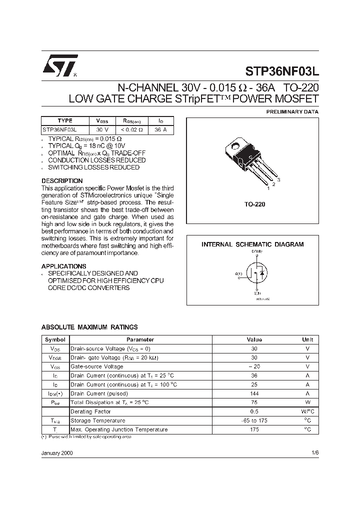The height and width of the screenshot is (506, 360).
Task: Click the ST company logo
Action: [59, 65]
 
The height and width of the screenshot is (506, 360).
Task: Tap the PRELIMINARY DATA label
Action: [292, 111]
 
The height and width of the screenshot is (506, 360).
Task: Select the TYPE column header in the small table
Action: [65, 121]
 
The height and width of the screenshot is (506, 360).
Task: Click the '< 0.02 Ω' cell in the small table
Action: [132, 129]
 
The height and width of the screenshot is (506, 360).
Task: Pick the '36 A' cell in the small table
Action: [161, 129]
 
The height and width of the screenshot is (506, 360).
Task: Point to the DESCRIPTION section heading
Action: [62, 180]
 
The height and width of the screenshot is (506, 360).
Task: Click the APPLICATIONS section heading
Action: [63, 266]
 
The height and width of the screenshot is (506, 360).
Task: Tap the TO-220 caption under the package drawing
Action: [254, 204]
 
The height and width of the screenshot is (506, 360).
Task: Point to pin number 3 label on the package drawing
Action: [278, 179]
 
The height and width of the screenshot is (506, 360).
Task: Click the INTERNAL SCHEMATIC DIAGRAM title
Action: [252, 244]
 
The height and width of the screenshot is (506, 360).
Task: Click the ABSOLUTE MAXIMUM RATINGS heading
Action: [89, 327]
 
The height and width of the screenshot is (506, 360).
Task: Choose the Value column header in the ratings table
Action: [254, 339]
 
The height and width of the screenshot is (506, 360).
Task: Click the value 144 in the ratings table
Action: [254, 393]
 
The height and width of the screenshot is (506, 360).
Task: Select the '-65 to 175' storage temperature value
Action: [254, 420]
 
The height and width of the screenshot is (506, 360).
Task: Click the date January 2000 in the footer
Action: [57, 451]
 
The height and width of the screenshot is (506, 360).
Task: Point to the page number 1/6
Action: [314, 451]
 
